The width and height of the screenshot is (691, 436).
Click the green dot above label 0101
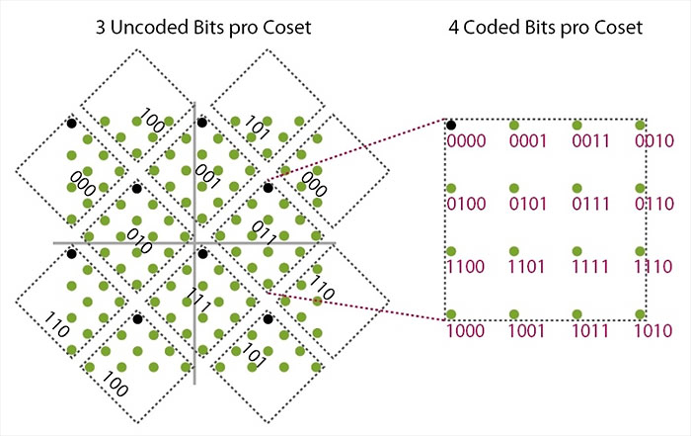click(514, 188)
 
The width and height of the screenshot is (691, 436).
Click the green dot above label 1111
click(577, 251)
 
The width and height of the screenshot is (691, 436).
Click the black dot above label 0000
click(451, 125)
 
